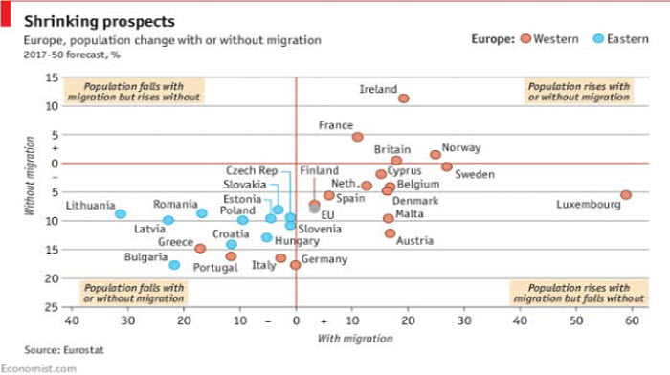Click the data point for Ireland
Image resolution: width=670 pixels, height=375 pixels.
403,99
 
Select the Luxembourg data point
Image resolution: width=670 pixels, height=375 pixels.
625,195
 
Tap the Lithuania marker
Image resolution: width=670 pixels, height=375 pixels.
121,214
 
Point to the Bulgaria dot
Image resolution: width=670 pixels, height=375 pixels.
174,265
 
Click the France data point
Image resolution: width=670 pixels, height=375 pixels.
357,137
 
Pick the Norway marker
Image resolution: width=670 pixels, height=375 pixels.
435,154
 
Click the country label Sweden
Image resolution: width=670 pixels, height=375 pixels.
474,174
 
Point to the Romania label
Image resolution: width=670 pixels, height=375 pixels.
174,205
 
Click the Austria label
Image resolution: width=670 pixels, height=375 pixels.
415,241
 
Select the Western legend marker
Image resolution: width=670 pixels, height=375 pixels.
525,38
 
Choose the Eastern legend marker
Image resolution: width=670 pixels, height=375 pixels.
598,38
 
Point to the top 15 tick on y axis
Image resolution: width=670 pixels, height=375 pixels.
53,77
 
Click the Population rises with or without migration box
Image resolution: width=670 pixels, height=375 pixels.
578,91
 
